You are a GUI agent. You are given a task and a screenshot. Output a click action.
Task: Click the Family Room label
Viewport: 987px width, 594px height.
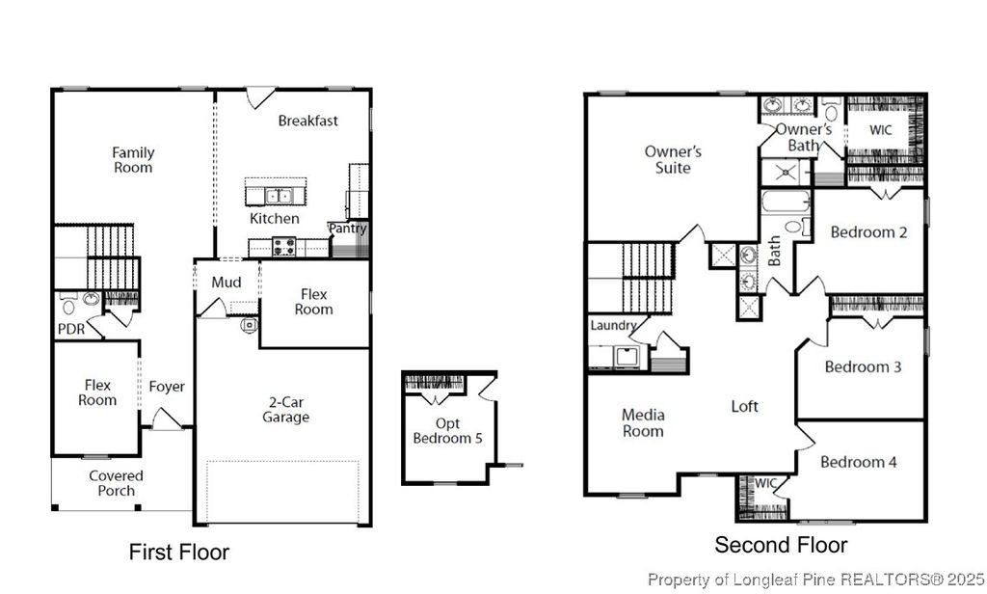point(133,160)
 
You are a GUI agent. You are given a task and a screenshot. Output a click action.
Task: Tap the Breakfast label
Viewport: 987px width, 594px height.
point(308,121)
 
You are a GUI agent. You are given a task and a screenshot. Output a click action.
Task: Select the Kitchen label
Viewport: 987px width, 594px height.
point(275,219)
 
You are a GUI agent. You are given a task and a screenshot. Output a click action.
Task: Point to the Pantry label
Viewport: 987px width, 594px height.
point(348,229)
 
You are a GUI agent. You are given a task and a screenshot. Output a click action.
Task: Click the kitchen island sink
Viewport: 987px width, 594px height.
point(280,196)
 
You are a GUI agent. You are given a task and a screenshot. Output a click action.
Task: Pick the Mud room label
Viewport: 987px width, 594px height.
point(227,283)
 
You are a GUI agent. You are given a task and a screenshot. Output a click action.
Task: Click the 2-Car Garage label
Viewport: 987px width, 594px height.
point(286,410)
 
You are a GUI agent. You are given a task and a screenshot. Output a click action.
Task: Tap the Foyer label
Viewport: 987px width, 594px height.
point(167,387)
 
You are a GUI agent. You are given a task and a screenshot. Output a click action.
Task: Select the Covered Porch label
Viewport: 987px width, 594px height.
point(117,483)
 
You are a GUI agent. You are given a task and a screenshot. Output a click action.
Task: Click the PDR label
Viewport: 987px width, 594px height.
point(70,329)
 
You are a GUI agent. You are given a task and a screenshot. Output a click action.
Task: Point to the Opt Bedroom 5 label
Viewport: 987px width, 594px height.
point(448,431)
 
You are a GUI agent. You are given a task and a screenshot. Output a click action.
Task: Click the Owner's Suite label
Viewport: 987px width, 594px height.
point(673,160)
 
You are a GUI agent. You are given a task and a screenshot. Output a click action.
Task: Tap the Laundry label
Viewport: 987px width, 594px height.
point(614,326)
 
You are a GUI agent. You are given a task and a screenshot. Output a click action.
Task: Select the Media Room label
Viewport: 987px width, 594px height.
point(643,423)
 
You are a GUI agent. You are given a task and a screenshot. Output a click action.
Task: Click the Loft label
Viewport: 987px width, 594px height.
point(745,406)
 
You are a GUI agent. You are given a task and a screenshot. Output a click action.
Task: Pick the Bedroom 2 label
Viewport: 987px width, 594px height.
point(868,232)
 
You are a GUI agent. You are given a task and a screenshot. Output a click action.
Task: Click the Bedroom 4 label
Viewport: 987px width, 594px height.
point(859,462)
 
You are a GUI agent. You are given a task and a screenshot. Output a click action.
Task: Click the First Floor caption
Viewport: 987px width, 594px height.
point(179,553)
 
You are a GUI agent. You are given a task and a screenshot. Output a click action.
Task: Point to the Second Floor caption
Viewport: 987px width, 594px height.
point(781,546)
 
